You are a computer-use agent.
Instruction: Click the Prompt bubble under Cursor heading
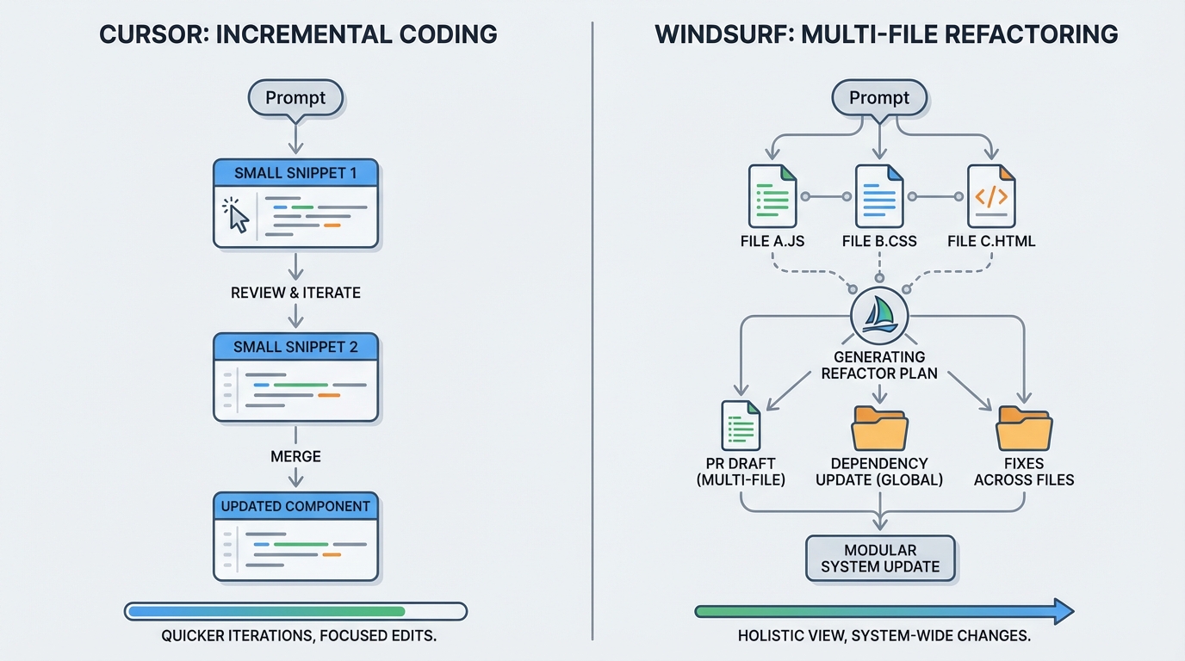click(x=295, y=98)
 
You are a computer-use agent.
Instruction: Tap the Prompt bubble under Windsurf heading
click(x=878, y=98)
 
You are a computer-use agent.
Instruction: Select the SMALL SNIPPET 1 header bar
click(x=295, y=173)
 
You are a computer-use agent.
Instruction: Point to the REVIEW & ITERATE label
click(x=295, y=293)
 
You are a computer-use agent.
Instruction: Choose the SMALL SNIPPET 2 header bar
click(x=295, y=347)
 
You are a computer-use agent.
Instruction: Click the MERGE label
click(x=295, y=455)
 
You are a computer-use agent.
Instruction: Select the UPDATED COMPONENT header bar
click(x=295, y=506)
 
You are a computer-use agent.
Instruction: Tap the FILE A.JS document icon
click(x=772, y=196)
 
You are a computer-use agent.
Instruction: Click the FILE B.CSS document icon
click(x=879, y=196)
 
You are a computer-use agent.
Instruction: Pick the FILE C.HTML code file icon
click(x=991, y=196)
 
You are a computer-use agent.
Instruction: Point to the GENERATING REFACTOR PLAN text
click(x=878, y=365)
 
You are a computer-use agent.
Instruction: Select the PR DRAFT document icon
click(x=740, y=425)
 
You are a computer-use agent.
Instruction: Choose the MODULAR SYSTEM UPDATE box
click(x=879, y=558)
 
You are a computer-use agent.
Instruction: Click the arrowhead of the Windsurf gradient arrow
click(x=1064, y=611)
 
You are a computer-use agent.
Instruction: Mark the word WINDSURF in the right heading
click(x=722, y=34)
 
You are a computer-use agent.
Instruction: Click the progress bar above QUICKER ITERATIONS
click(x=295, y=611)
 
